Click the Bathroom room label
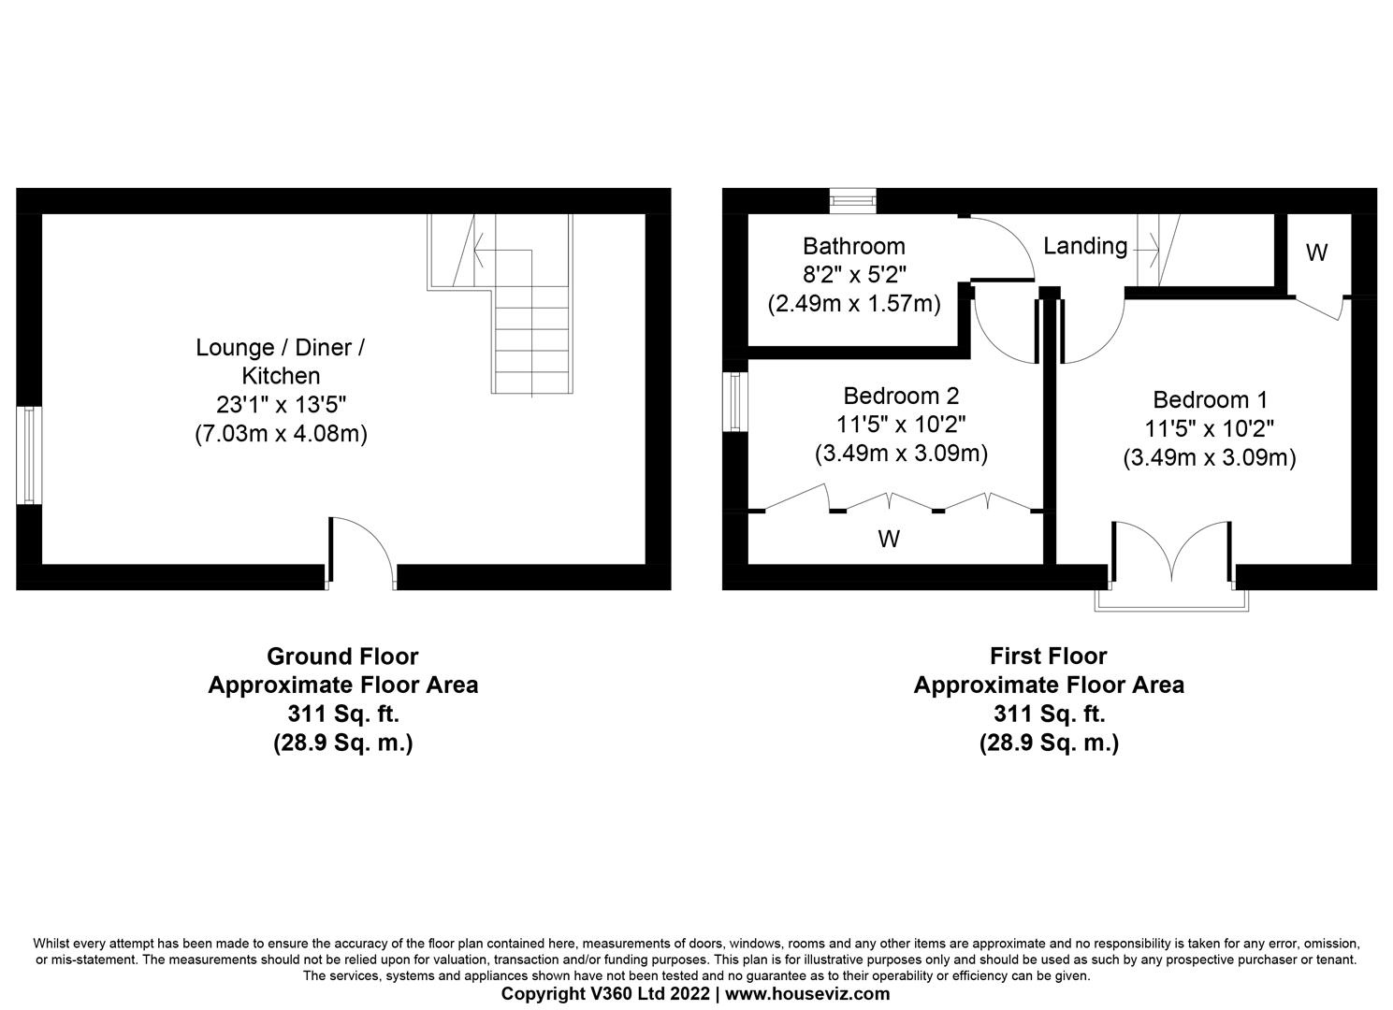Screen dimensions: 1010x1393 point(853,246)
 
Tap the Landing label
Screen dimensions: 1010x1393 point(1085,246)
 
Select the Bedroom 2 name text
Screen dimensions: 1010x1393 point(901,396)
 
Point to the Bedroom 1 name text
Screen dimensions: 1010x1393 point(1210,400)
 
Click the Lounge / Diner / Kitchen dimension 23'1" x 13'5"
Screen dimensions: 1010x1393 point(281,405)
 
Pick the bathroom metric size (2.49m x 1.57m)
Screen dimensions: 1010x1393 point(853,304)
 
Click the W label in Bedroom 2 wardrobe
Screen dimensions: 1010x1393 point(889,539)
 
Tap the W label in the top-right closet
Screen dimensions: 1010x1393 point(1316,252)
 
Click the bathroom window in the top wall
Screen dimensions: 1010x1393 point(852,199)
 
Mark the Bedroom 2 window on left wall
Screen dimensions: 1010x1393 point(735,402)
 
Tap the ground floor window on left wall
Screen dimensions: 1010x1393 point(29,455)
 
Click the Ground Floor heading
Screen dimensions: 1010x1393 point(342,656)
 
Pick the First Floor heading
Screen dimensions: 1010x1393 point(1048,656)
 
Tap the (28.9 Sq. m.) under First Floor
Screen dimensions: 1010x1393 point(1048,743)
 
